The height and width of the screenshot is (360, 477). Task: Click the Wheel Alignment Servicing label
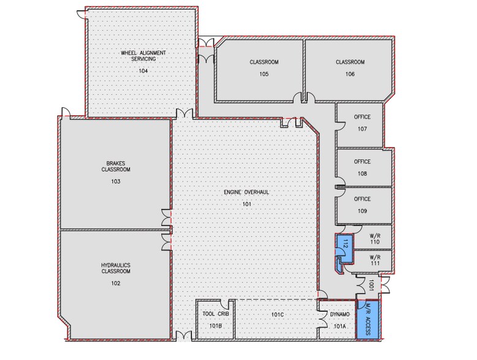[143, 56]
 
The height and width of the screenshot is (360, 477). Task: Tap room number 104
[143, 71]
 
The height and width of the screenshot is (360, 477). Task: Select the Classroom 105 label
[264, 62]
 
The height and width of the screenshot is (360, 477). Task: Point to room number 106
[350, 74]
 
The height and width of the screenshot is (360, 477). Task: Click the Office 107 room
[362, 123]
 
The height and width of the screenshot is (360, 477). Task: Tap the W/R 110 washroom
[375, 238]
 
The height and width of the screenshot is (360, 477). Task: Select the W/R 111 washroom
[375, 260]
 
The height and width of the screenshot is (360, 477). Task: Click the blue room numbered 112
[345, 244]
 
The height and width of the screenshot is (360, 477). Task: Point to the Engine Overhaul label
[247, 192]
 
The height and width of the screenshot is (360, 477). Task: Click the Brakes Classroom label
[116, 167]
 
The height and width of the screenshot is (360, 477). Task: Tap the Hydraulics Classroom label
[116, 268]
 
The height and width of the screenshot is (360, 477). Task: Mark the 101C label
[277, 315]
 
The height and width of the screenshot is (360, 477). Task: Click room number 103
[116, 182]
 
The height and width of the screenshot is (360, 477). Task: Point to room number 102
[116, 283]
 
